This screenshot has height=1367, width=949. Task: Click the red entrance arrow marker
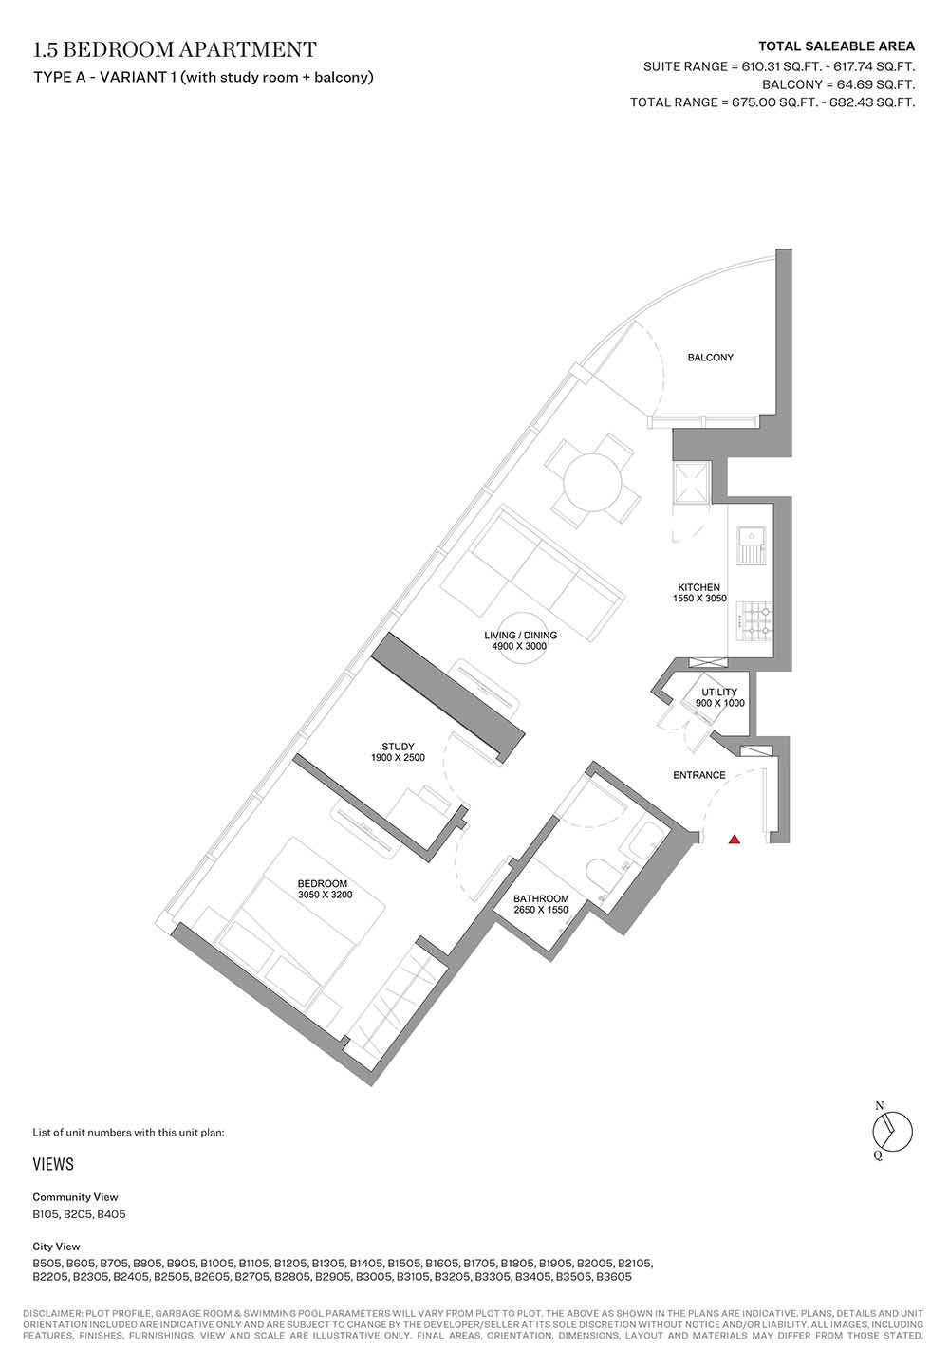[x=735, y=840]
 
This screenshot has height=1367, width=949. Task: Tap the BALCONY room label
[x=710, y=358]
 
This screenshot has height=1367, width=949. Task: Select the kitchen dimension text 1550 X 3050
[x=699, y=598]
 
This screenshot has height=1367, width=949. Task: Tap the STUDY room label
[x=399, y=747]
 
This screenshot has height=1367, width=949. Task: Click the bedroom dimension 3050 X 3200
[x=325, y=895]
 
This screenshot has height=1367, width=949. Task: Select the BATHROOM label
[x=541, y=899]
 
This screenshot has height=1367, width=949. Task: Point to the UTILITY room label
[x=719, y=693]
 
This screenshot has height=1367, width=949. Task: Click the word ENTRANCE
[x=699, y=775]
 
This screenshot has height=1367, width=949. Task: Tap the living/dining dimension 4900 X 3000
[x=520, y=646]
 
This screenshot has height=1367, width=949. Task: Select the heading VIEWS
[x=53, y=1164]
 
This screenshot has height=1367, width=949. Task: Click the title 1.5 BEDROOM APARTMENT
[x=175, y=49]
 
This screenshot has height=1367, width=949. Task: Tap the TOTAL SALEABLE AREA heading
[x=837, y=46]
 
